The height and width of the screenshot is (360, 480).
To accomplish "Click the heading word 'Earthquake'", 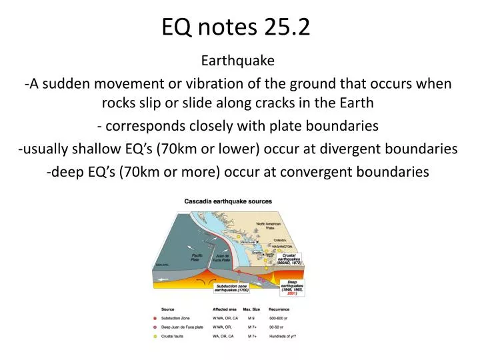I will coord(238,61).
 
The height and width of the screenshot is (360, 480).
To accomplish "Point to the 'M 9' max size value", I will coord(252,317).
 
